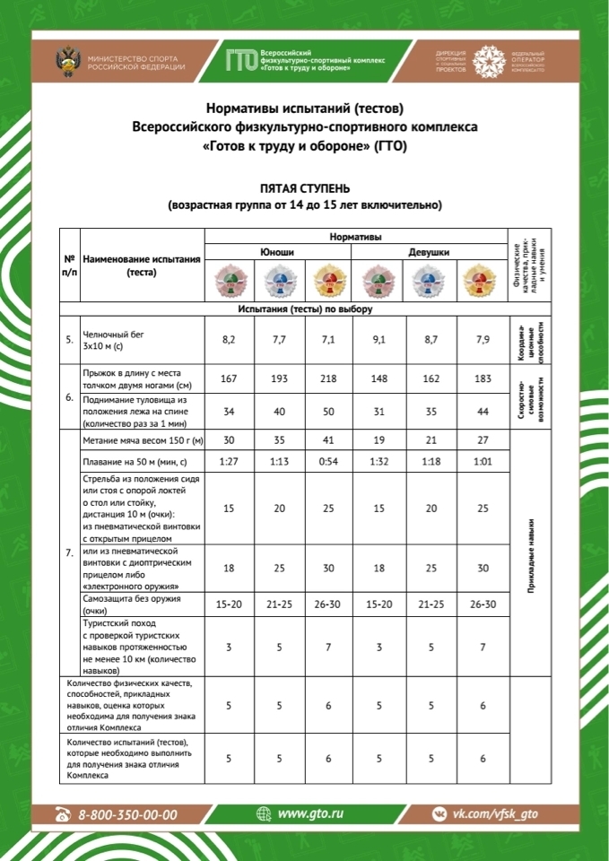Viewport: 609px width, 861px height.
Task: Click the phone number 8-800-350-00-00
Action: pyautogui.click(x=127, y=814)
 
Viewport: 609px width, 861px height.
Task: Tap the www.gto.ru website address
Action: pyautogui.click(x=310, y=813)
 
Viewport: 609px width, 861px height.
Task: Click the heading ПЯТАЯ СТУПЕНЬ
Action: pyautogui.click(x=304, y=190)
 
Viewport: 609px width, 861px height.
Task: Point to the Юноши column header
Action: pyautogui.click(x=277, y=252)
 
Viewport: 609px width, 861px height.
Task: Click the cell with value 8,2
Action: pyautogui.click(x=229, y=340)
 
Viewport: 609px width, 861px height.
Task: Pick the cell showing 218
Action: pyautogui.click(x=328, y=378)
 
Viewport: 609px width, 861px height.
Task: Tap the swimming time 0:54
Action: pyautogui.click(x=328, y=462)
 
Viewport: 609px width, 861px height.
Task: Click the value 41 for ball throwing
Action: pyautogui.click(x=328, y=440)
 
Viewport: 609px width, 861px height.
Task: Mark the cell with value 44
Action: pyautogui.click(x=483, y=411)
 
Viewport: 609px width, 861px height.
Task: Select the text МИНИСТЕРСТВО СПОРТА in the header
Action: pyautogui.click(x=130, y=57)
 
